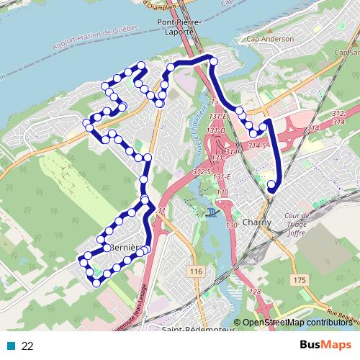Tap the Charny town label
[x=257, y=222]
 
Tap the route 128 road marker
[x=254, y=292]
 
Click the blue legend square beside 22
[x=10, y=346]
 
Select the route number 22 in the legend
[x=27, y=346]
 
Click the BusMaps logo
[x=325, y=346]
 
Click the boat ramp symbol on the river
[x=211, y=211]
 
